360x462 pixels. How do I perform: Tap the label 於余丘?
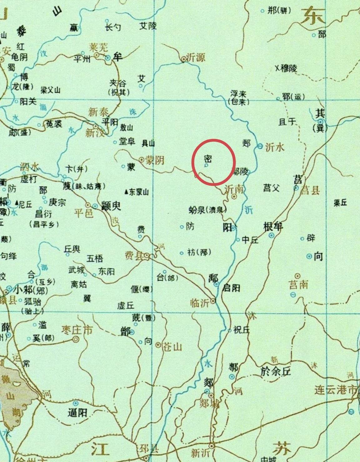click(275, 371)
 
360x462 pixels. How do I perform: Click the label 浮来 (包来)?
click(238, 97)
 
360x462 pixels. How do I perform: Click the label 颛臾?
click(111, 206)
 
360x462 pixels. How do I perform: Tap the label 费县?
click(134, 256)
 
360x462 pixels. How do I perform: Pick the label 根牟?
click(273, 227)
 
